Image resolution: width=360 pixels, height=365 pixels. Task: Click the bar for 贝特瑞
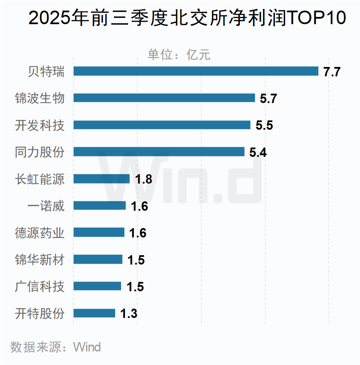196,71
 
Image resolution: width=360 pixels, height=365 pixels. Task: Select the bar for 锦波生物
164,98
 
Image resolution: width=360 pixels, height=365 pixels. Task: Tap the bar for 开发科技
162,125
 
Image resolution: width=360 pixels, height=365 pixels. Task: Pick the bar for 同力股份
159,152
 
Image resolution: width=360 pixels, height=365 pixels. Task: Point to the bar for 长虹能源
102,179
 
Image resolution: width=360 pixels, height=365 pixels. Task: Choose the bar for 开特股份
94,313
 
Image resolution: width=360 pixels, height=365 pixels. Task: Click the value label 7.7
332,72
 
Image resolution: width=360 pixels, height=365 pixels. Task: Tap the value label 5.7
268,99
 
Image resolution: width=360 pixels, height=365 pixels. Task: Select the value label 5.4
258,153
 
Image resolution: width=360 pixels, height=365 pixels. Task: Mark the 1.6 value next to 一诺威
139,206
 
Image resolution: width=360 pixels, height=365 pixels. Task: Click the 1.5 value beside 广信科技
135,287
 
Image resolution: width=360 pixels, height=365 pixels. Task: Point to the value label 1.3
129,314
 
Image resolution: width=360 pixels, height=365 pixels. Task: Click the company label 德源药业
39,233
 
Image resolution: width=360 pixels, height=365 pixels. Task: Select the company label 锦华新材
39,259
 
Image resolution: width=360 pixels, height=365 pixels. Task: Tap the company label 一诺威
46,206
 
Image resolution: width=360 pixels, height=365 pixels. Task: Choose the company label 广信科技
39,287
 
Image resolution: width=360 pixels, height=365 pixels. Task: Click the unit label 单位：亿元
179,55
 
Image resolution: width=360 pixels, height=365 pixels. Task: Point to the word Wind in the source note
87,347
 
